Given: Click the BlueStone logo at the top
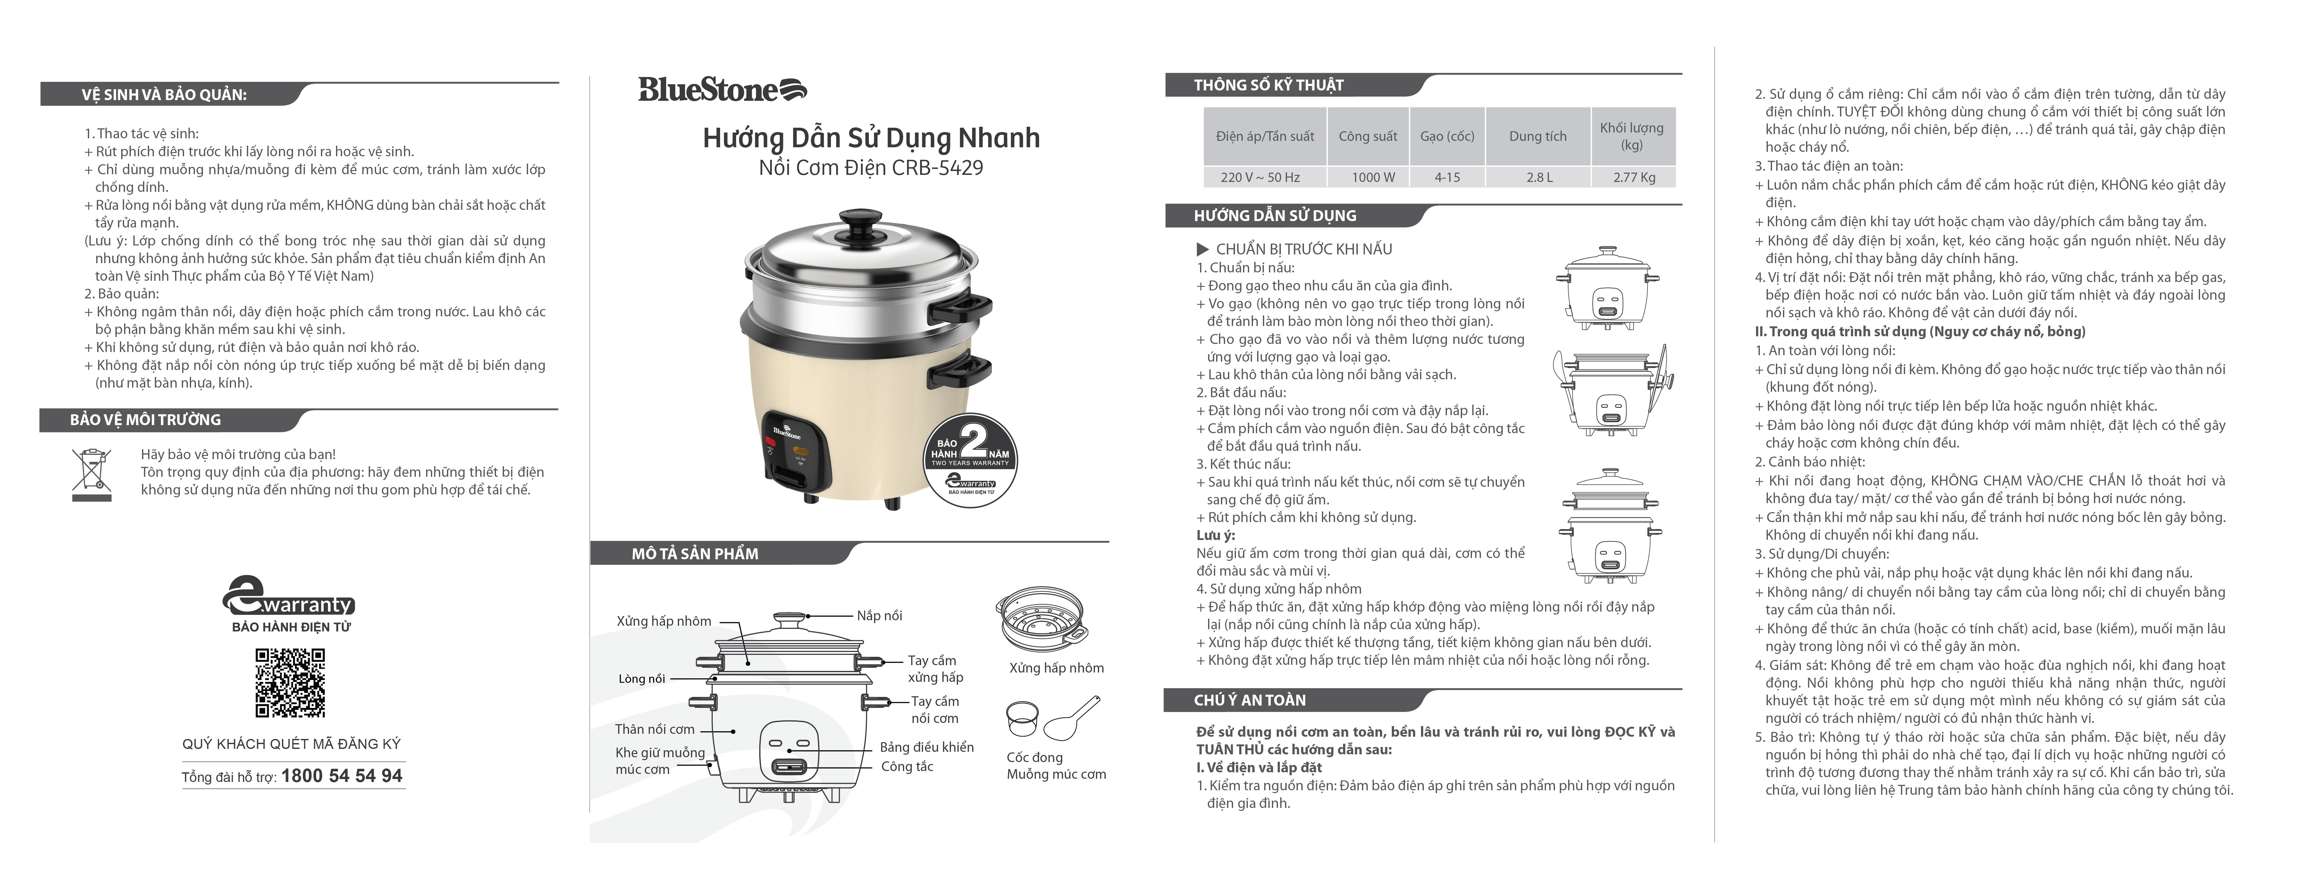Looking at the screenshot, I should pos(722,90).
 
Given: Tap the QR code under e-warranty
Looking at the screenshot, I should pos(290,682).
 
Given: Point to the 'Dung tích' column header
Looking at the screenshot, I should pos(1538,136).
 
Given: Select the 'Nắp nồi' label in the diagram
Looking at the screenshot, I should pos(879,616).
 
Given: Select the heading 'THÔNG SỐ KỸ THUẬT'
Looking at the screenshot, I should pos(1268,85).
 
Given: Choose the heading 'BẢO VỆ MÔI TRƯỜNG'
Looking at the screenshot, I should pos(145,420).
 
